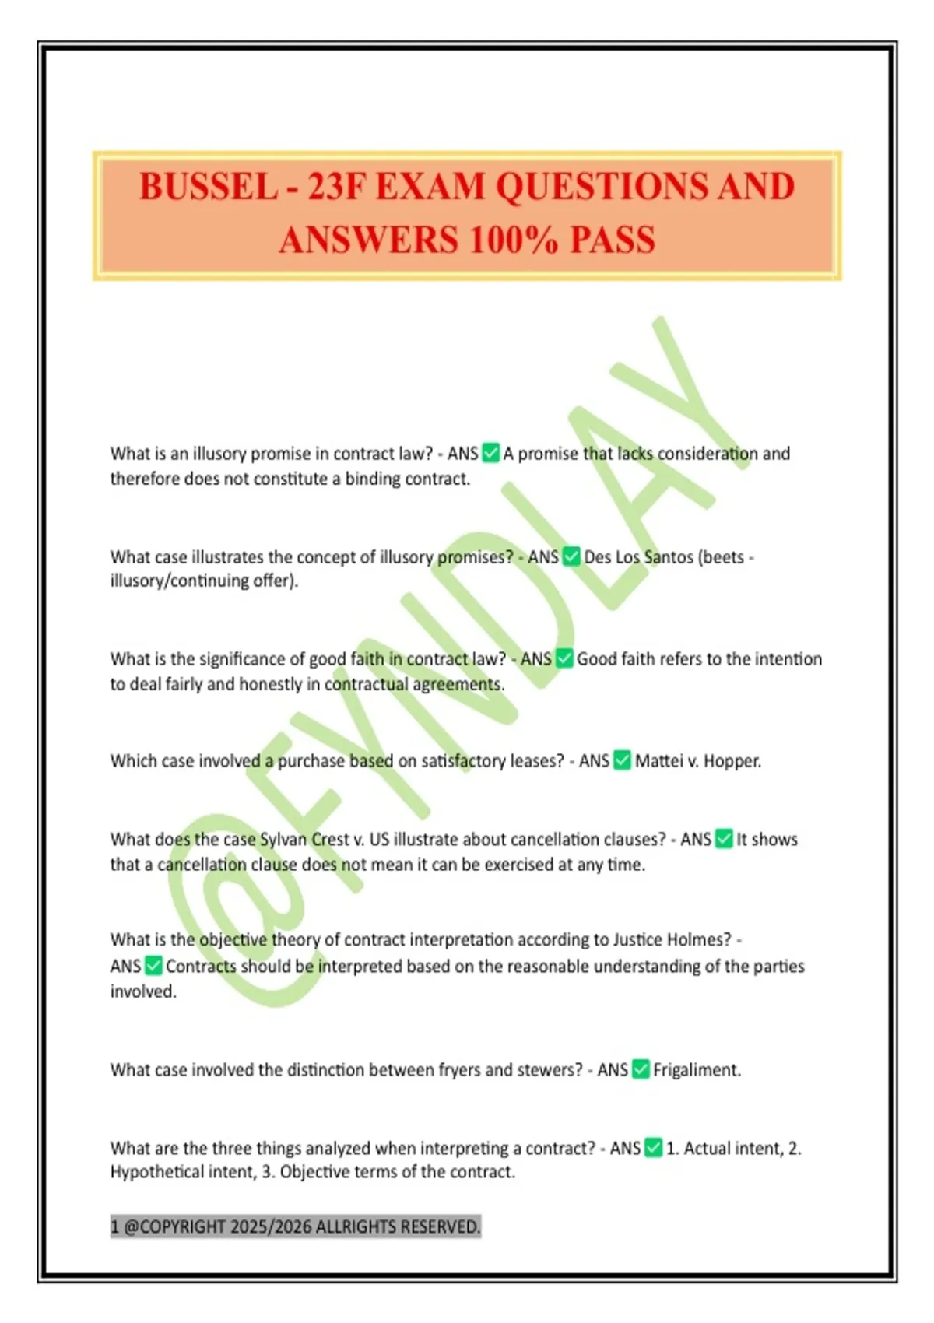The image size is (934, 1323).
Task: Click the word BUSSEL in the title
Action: click(x=208, y=188)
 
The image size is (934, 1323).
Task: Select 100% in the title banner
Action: click(x=514, y=240)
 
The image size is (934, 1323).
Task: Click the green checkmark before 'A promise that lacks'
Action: click(x=490, y=453)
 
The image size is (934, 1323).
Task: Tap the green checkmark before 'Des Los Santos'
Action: click(x=571, y=556)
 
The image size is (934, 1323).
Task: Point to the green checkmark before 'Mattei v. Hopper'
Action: click(x=622, y=760)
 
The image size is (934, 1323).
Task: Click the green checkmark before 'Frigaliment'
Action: click(x=641, y=1069)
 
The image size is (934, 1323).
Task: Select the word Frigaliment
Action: click(x=696, y=1070)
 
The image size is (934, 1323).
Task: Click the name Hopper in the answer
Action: click(x=732, y=760)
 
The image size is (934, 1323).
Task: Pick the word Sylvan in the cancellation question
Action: click(x=283, y=839)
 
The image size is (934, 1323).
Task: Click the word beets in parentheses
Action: click(x=722, y=557)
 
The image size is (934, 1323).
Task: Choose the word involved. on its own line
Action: click(x=143, y=991)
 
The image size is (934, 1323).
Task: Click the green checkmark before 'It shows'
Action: click(x=724, y=839)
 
